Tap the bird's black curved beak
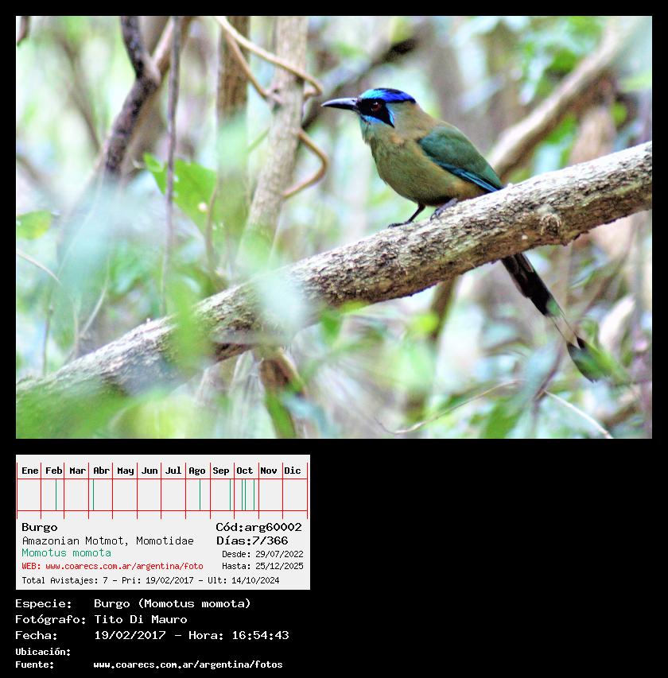340,103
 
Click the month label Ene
30,471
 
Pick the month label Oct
244,471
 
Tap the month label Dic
292,471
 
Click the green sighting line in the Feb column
56,494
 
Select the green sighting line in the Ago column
200,494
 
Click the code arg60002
273,527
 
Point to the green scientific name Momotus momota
66,552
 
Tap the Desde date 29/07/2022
279,554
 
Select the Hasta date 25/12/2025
279,566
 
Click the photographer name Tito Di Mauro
141,619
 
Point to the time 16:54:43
260,635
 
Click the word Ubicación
43,652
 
